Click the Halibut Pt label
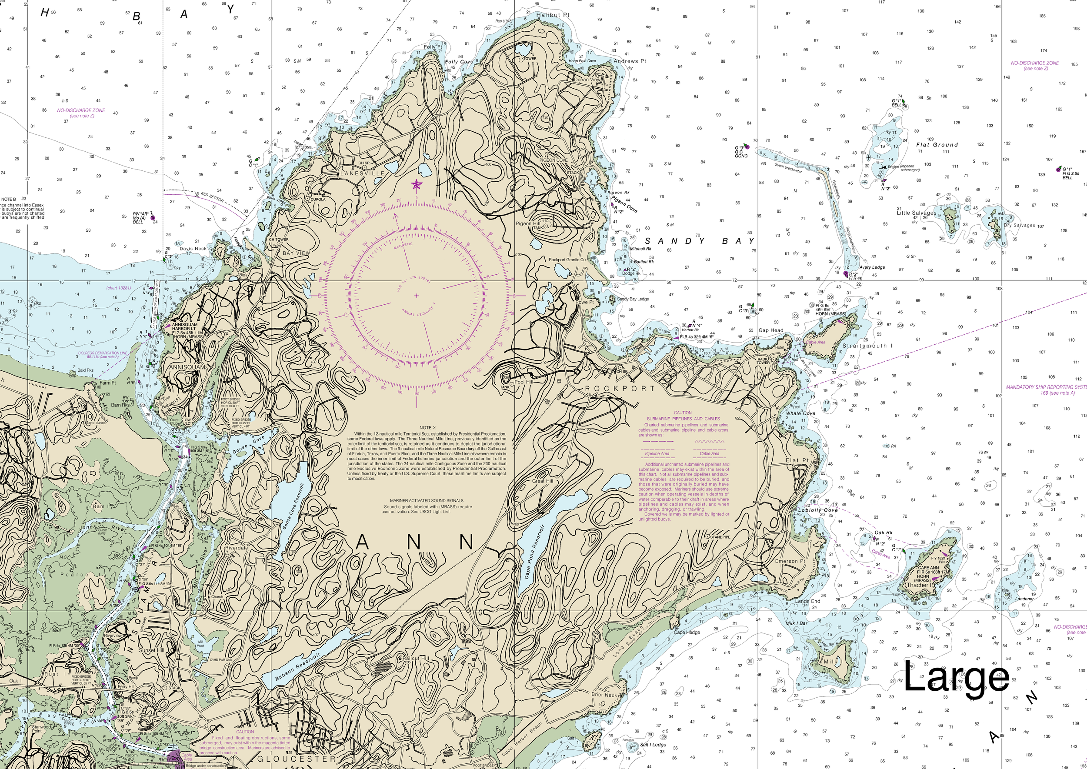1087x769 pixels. coord(553,15)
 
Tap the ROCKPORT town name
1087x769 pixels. coord(620,388)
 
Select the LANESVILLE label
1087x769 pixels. coord(363,174)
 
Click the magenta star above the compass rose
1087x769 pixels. coord(417,185)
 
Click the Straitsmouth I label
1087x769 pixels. coord(867,346)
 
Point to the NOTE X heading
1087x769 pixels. coord(427,427)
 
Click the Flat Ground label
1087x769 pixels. coord(937,145)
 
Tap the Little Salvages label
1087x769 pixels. coord(916,213)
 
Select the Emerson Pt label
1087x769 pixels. coord(790,561)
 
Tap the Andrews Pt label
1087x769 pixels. coord(630,61)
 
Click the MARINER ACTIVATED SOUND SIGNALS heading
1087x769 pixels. coord(426,500)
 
